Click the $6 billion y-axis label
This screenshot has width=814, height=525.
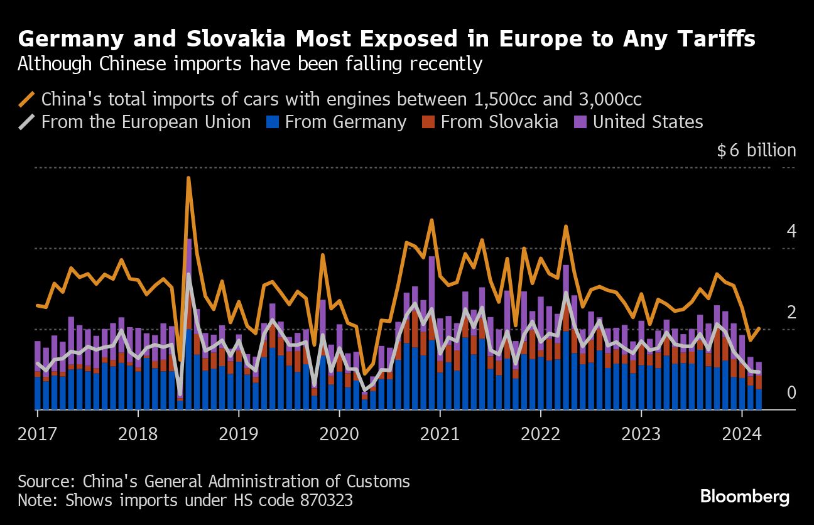[x=756, y=151]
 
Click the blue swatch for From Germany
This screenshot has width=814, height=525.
[x=272, y=122]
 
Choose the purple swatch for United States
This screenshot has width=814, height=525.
[x=580, y=122]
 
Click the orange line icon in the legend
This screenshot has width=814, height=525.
[x=27, y=99]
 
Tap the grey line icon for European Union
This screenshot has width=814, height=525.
[x=27, y=122]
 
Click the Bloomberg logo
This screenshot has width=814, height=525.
[x=744, y=497]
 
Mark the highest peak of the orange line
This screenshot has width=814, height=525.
[x=188, y=178]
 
